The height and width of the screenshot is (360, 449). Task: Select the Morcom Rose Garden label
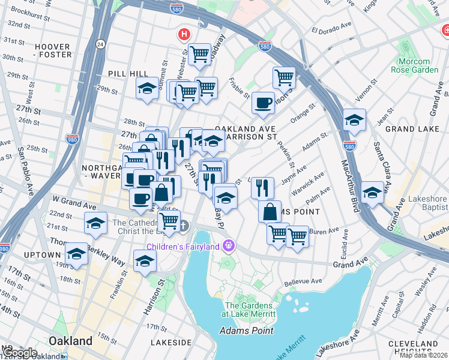pos(414,65)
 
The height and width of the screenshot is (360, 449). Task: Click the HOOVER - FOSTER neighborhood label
pos(53,50)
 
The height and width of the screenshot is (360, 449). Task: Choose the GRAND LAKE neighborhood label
pos(409,129)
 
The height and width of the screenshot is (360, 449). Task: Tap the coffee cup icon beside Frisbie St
pos(263,103)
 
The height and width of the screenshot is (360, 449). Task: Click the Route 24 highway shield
pos(100,44)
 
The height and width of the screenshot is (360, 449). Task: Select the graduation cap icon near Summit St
pos(147,89)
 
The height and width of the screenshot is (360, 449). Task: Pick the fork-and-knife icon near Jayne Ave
pos(262,187)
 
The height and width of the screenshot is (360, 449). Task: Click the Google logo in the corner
pos(19,353)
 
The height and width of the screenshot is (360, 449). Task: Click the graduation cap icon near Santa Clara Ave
pos(373,193)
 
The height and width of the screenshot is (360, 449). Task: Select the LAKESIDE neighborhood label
pos(170,342)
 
